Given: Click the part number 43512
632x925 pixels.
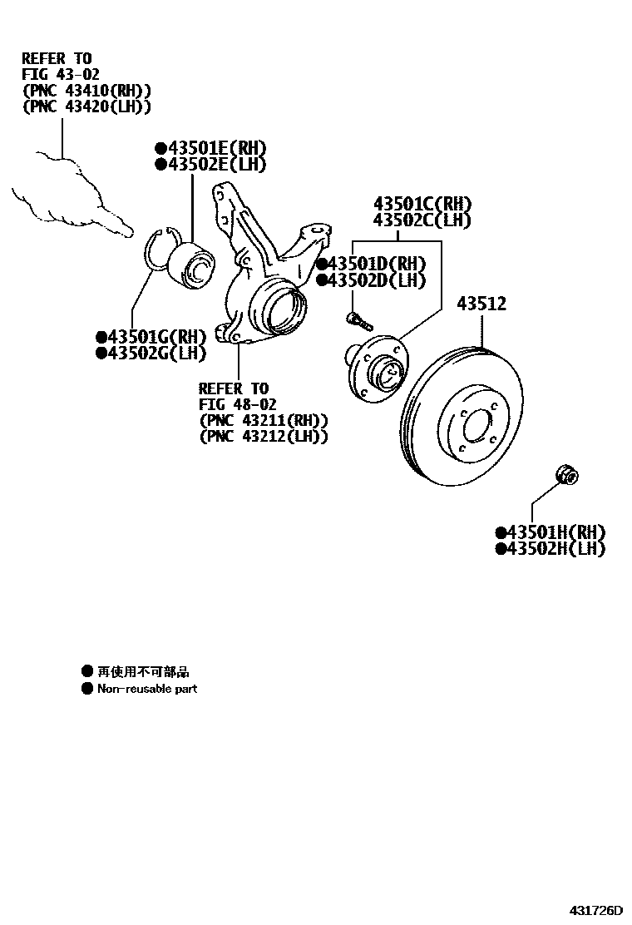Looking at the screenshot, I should tap(481, 304).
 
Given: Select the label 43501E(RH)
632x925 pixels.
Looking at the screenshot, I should tap(217, 148).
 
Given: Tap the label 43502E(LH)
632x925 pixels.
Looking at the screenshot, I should tap(217, 165).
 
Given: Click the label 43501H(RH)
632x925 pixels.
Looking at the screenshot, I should tap(555, 532).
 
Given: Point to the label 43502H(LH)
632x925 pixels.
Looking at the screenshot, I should tap(555, 549).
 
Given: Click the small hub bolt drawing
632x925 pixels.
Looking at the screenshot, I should tap(358, 319).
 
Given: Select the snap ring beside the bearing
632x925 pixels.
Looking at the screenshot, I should tap(156, 250).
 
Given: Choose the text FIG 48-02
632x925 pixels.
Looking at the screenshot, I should tap(238, 404).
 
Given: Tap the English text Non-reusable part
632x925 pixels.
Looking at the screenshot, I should tap(147, 689).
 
